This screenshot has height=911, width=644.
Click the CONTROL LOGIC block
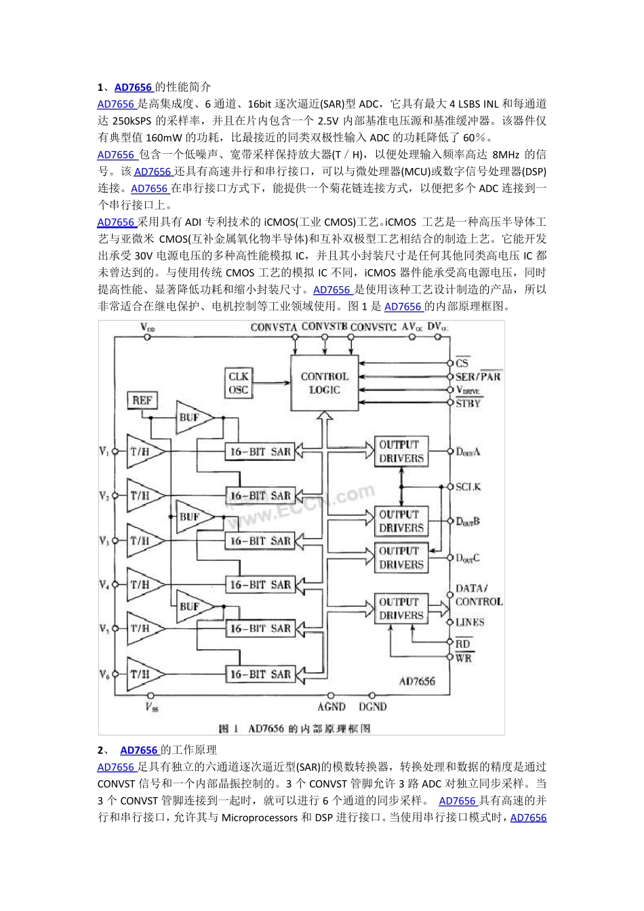point(324,383)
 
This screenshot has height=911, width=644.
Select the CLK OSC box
point(239,383)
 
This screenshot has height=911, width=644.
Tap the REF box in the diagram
point(142,401)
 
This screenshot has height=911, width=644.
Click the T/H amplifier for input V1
point(142,451)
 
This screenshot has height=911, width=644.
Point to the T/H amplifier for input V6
point(142,674)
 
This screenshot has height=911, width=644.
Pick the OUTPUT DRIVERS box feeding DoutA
point(401,451)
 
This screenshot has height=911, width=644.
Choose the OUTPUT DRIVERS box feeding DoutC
point(401,558)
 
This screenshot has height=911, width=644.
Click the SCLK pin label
point(468,487)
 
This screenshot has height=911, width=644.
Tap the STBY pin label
point(468,403)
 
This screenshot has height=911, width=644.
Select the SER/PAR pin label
point(478,376)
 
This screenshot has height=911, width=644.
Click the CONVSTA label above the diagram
point(274,327)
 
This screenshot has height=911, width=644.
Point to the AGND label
point(331,706)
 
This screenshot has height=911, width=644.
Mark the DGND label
point(373,706)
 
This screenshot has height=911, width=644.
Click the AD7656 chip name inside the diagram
point(417,681)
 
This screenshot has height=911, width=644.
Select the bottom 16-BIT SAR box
point(260,674)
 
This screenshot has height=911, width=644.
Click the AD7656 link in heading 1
point(134,87)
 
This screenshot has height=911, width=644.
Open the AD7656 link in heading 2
point(139,750)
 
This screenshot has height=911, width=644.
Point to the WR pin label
point(464,657)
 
